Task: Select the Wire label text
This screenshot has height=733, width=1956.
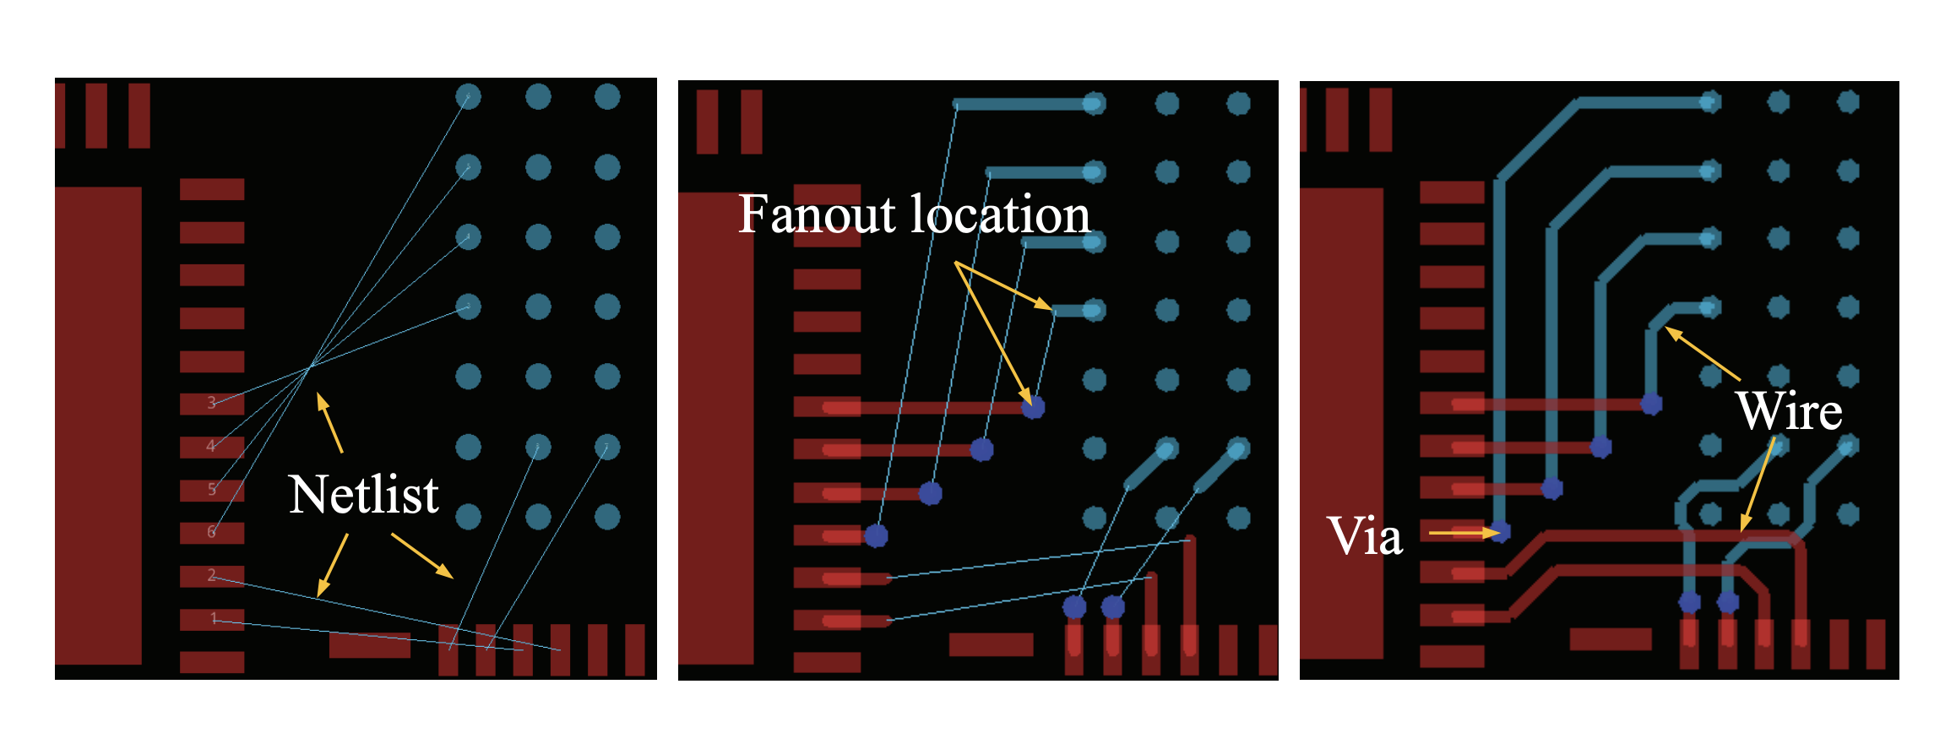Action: point(1790,411)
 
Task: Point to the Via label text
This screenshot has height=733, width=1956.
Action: point(1365,535)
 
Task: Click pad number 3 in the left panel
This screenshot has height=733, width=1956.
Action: point(212,404)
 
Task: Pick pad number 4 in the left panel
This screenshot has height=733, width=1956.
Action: point(212,447)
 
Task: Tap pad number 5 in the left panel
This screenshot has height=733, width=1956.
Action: point(212,490)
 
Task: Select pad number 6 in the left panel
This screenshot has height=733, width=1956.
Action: point(212,533)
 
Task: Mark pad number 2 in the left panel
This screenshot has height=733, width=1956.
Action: point(212,576)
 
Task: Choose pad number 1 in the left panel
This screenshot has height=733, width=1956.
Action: point(212,619)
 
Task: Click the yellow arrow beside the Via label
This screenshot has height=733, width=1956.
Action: point(1464,533)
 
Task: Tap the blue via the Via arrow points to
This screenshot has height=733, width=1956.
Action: point(1500,532)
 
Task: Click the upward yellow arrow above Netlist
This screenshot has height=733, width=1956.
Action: point(329,422)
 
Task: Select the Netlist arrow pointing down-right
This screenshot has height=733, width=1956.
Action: point(421,556)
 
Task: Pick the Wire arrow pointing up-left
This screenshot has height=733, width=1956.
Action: point(1702,353)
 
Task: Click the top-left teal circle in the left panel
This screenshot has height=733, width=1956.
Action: point(468,96)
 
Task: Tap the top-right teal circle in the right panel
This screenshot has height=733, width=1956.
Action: point(1848,102)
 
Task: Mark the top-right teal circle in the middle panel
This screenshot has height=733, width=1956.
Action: point(1238,103)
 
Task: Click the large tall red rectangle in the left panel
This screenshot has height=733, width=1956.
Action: point(98,426)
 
